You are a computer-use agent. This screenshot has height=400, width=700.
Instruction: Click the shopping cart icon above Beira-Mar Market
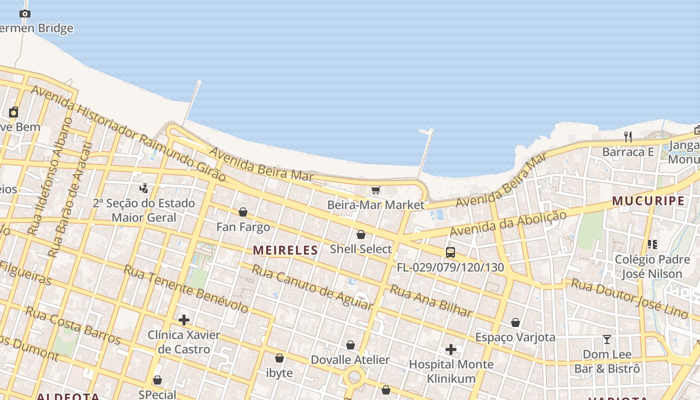point(375,190)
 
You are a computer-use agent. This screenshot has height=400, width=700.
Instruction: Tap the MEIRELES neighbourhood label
point(285,250)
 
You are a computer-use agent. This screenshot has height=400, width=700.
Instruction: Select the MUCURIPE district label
point(648,201)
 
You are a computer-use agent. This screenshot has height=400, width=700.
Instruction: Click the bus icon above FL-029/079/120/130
point(450,252)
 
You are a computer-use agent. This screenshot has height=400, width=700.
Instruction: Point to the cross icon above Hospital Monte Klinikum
point(450,349)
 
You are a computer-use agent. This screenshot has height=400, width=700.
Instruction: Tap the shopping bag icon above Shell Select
point(360,234)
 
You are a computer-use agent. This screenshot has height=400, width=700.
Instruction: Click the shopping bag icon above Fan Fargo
point(243,212)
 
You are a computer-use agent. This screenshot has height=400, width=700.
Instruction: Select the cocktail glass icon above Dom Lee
point(607,339)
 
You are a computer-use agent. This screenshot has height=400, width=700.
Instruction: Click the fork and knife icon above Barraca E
point(628,136)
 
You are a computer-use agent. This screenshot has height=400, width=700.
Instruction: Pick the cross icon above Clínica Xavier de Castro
point(184,319)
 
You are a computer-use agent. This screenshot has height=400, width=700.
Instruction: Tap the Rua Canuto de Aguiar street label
point(312,287)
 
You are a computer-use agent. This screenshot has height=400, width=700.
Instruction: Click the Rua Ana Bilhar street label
point(431,301)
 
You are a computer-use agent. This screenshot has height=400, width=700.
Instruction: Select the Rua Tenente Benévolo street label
point(185,289)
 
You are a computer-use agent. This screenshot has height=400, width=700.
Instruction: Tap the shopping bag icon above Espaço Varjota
point(515,322)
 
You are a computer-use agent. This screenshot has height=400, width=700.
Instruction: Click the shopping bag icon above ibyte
point(279,358)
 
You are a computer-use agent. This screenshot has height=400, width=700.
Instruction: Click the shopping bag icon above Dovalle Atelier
point(350,345)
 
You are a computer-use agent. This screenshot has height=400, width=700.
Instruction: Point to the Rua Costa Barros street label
point(73,325)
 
